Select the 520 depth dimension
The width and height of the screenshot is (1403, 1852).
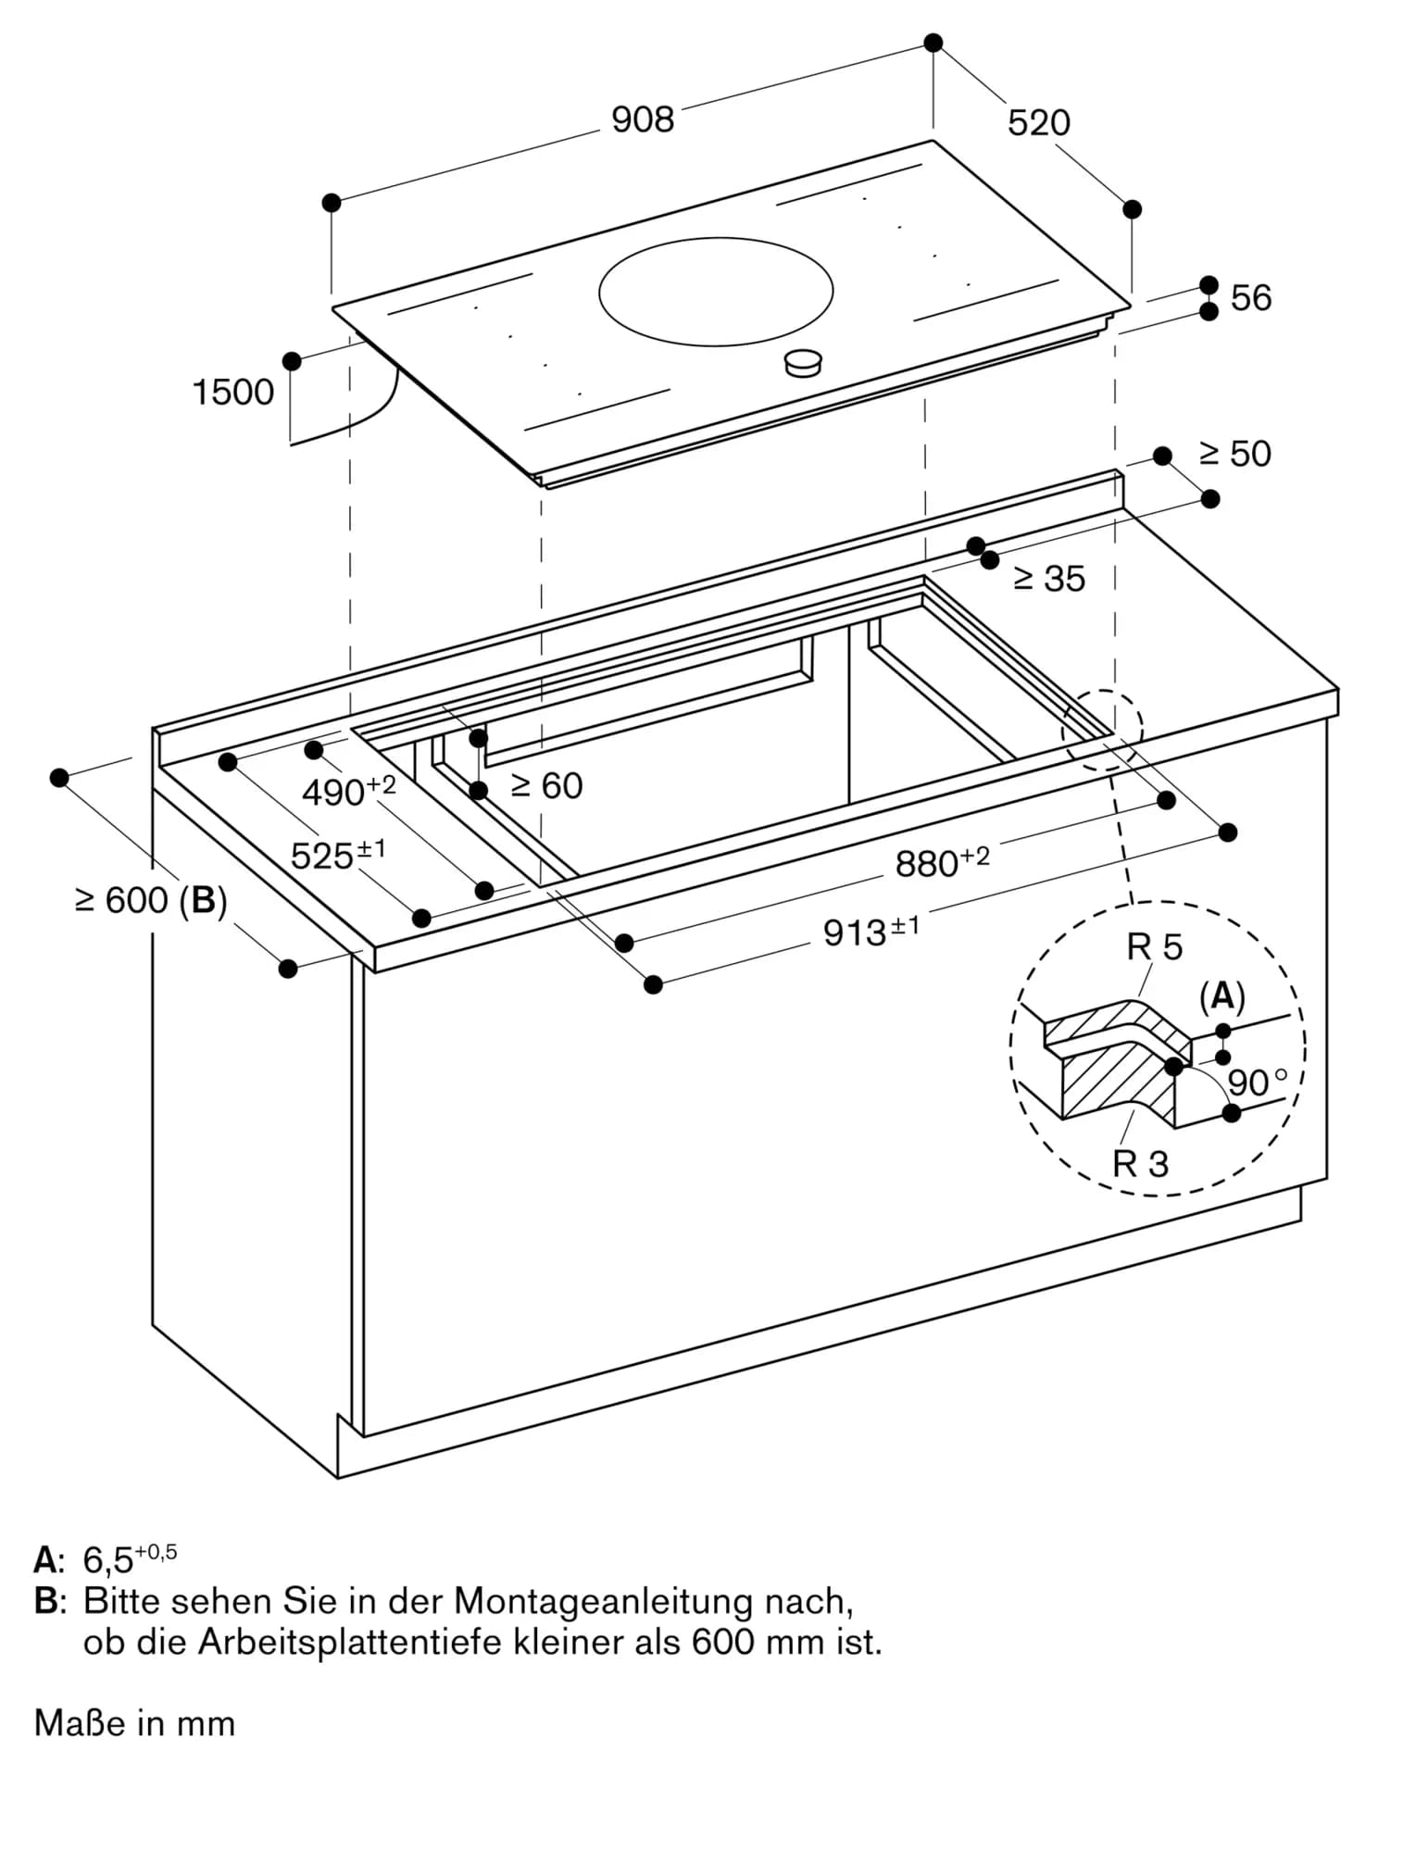point(1038,123)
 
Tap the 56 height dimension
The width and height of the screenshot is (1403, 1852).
point(1250,298)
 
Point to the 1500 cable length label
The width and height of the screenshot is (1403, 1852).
point(232,393)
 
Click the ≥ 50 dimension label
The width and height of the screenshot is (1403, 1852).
point(1234,454)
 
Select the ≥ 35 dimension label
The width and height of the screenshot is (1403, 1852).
point(1048,579)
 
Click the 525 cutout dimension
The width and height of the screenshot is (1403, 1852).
point(337,855)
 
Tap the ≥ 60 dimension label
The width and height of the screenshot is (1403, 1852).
point(546,786)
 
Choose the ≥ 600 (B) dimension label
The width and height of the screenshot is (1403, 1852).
point(151,900)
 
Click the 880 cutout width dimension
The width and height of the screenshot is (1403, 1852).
point(941,862)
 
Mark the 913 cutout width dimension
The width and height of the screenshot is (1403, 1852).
point(871,932)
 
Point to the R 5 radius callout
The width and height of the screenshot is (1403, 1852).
point(1154,947)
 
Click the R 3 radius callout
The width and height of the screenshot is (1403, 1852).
point(1140,1164)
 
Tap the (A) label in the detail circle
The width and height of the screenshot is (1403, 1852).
point(1221,997)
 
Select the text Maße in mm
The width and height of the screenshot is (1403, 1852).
point(134,1723)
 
